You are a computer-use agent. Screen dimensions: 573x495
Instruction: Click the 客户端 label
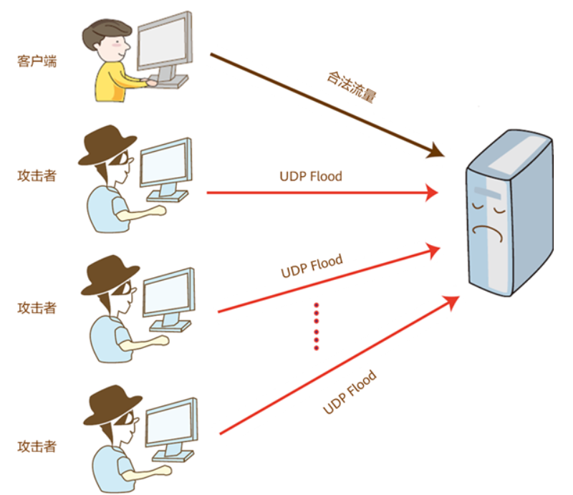pos(37,61)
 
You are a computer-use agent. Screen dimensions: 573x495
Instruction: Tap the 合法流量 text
pos(351,87)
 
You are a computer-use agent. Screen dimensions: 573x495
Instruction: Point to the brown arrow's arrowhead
pos(435,150)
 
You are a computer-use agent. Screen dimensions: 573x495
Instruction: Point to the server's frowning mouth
pos(488,233)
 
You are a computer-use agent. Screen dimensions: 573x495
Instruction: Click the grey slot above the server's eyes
pos(488,193)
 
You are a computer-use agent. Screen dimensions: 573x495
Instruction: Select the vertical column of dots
pos(317,327)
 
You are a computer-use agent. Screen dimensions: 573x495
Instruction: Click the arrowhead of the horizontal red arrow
pos(433,193)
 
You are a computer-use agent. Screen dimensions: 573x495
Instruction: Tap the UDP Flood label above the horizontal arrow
pos(311,176)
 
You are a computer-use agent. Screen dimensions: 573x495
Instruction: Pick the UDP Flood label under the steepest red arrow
pos(350,392)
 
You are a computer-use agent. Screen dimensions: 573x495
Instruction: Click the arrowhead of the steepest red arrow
pos(452,302)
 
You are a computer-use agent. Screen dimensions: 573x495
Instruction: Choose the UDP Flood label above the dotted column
pos(312,266)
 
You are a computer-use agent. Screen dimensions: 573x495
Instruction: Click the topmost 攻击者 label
pos(37,176)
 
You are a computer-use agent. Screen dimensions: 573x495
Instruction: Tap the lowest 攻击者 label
pos(37,446)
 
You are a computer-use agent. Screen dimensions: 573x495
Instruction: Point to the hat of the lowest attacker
pos(112,404)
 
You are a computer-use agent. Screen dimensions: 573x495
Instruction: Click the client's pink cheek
pos(117,45)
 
